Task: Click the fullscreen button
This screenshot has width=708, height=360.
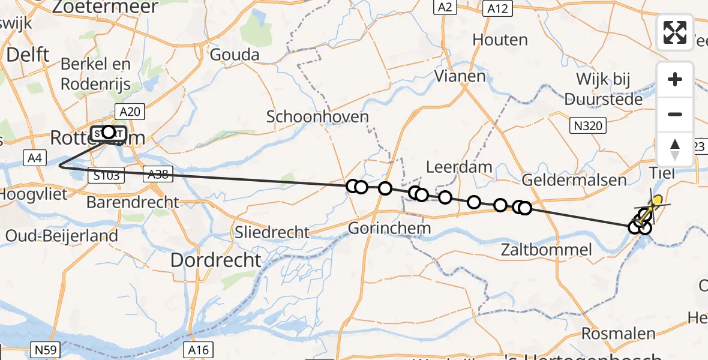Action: click(675, 32)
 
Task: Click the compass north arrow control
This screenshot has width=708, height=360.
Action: click(675, 149)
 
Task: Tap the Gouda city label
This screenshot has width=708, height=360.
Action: click(235, 55)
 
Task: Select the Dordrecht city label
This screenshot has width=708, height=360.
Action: click(217, 260)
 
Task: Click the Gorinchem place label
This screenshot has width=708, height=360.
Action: click(390, 229)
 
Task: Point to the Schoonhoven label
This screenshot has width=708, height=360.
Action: click(317, 116)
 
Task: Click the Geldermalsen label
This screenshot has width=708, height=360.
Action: click(574, 179)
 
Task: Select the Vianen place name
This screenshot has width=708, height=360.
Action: click(460, 76)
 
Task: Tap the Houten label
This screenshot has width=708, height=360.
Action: click(500, 40)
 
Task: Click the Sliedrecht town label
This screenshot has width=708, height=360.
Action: click(272, 233)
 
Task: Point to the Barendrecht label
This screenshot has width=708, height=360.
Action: click(133, 202)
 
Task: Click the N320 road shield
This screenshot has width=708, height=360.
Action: click(588, 126)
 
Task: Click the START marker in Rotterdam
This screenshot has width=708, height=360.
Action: click(109, 133)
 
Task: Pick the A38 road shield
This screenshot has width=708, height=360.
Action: click(157, 174)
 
